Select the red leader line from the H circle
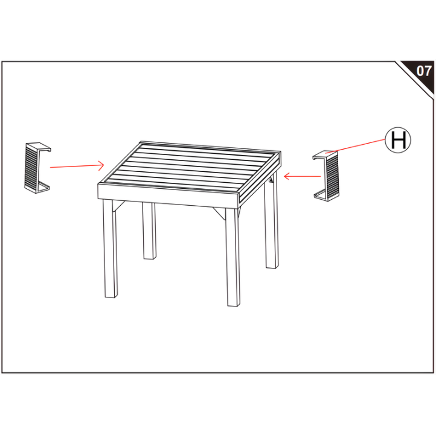tap(359, 147)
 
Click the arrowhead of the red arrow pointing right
tap(103, 164)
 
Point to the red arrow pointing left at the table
tap(302, 176)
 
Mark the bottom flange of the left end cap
tap(43, 186)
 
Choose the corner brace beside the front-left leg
tap(120, 206)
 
